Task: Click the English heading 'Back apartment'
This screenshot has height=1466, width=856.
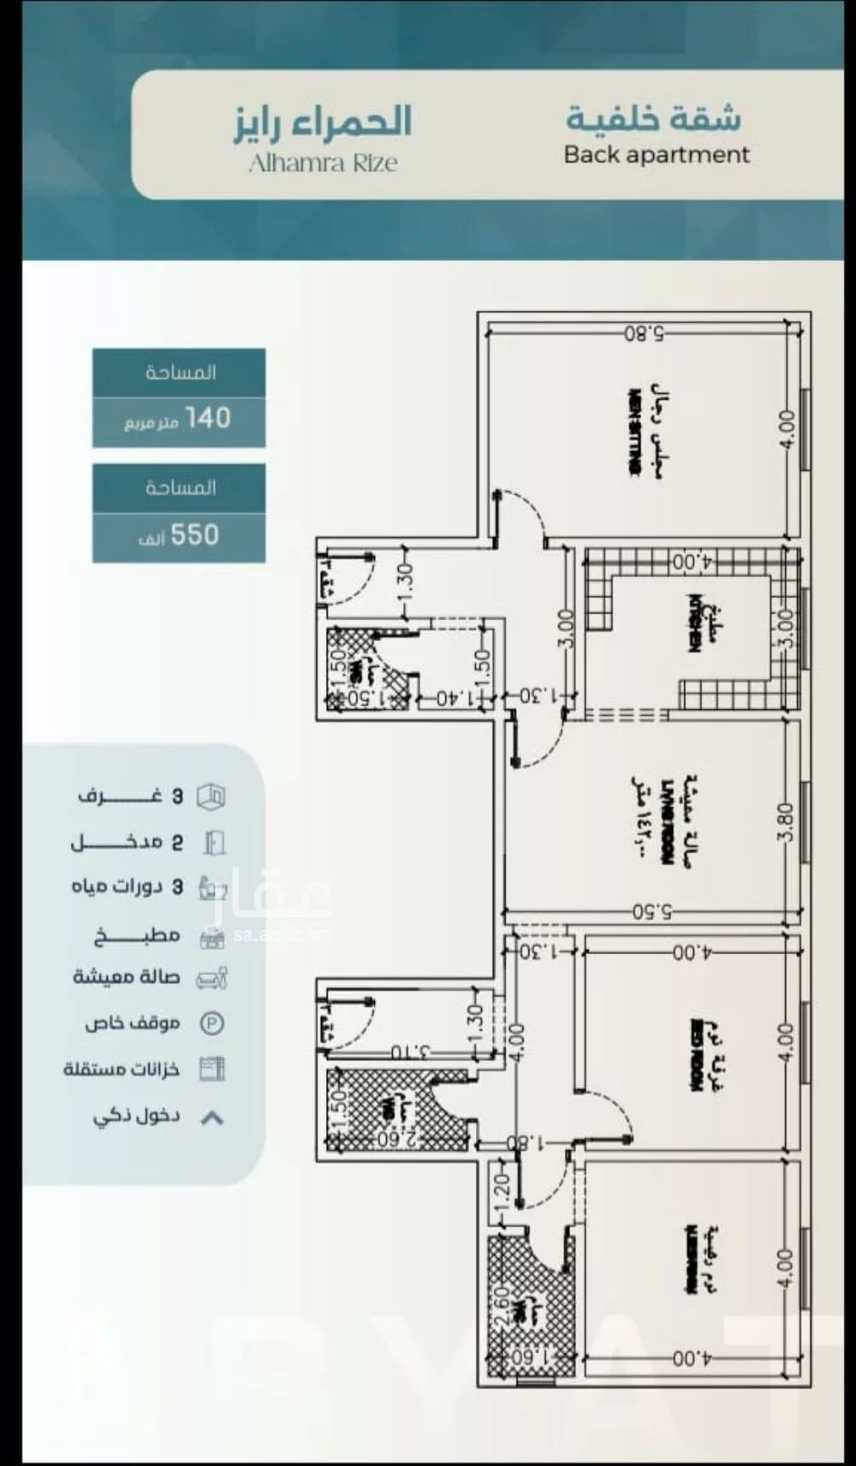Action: (x=656, y=155)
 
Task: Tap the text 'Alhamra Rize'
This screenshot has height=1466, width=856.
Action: (x=323, y=163)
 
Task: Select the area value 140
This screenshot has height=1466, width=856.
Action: (x=208, y=419)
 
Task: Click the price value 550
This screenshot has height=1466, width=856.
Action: (x=194, y=536)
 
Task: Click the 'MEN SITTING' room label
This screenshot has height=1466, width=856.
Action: (x=634, y=432)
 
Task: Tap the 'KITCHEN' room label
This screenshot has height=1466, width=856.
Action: (x=695, y=623)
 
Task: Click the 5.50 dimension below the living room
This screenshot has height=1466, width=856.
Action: (x=651, y=913)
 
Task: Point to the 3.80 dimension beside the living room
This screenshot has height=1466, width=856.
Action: (x=785, y=821)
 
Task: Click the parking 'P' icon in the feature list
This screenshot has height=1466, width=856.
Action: (x=211, y=1023)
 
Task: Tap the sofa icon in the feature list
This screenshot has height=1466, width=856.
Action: (x=211, y=978)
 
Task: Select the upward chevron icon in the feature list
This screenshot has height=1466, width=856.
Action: (x=211, y=1117)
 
